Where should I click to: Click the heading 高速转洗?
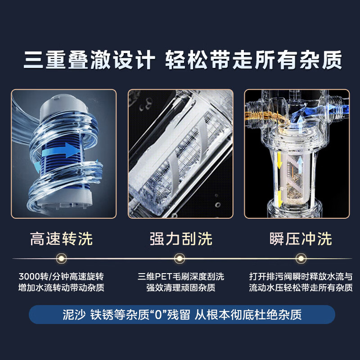[x=61, y=238]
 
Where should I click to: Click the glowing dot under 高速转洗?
[x=61, y=258]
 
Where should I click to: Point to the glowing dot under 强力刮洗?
[x=180, y=258]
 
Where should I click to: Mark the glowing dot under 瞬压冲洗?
[x=300, y=258]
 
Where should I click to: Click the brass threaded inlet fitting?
[x=258, y=112]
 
